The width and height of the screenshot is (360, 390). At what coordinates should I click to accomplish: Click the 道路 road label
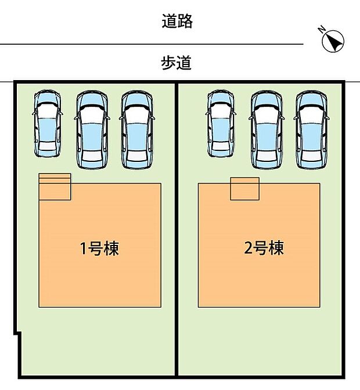177,22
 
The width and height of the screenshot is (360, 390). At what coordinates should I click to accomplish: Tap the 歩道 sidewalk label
177,62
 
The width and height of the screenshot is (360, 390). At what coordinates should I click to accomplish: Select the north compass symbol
333,41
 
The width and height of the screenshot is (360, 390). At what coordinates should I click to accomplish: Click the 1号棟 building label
99,249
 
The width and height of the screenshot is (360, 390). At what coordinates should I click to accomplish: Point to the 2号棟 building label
264,248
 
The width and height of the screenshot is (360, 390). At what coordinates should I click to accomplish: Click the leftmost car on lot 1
47,124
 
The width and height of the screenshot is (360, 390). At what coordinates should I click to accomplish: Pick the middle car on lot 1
92,129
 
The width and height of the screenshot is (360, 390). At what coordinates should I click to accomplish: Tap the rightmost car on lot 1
137,129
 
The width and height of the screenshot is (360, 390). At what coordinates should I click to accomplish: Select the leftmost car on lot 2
220,124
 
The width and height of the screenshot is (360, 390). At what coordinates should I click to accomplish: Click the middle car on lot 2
265,129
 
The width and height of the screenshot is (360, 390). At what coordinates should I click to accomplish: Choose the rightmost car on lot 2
310,129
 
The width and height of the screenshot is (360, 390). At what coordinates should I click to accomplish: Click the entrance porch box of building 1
55,187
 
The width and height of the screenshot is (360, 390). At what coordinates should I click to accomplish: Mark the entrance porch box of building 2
244,189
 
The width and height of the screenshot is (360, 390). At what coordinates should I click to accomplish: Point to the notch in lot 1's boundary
19,334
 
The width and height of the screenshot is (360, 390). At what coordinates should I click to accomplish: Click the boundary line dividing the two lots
176,232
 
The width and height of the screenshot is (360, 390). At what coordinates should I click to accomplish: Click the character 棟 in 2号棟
276,248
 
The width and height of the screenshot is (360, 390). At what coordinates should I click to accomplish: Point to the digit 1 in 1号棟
83,249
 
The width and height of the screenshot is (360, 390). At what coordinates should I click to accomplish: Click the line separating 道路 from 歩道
151,44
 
